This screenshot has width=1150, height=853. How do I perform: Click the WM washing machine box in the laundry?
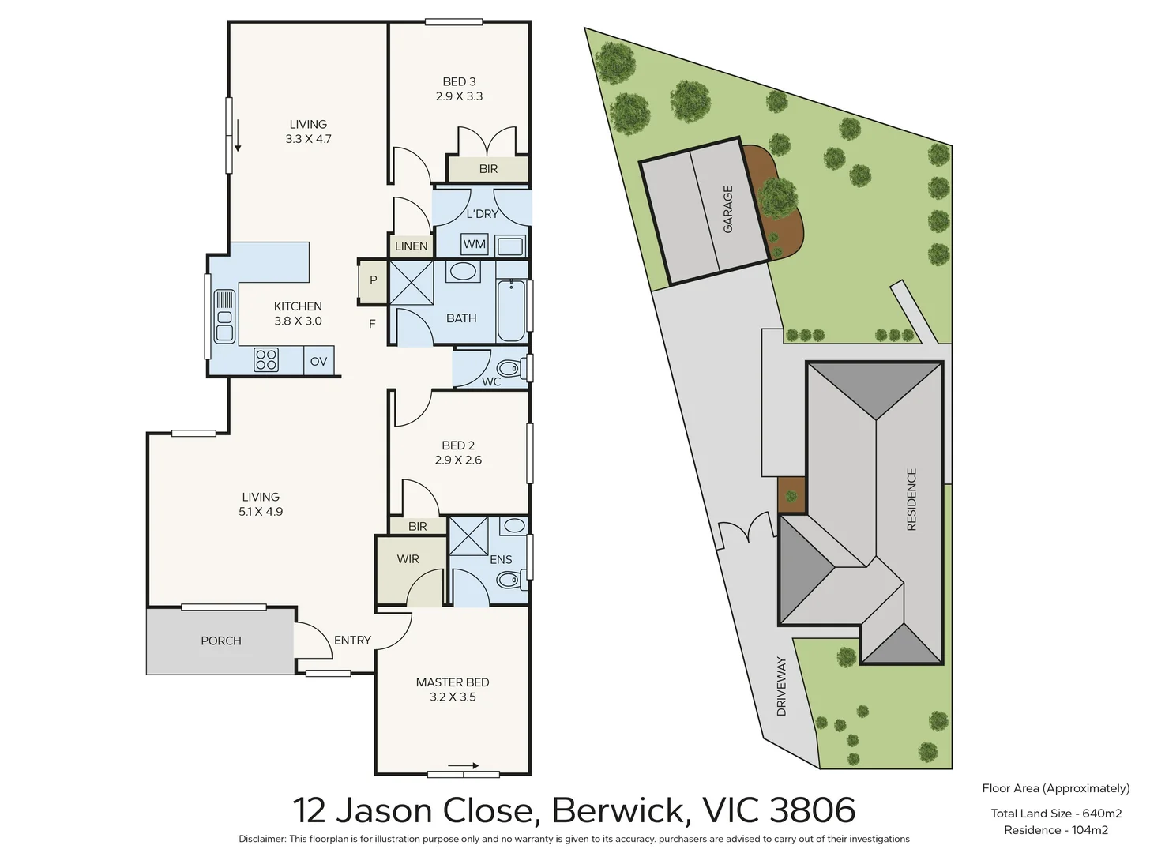[475, 244]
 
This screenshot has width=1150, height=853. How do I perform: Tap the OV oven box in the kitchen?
[318, 362]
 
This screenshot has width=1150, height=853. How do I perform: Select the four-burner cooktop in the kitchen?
[266, 360]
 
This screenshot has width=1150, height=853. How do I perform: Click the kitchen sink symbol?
[225, 316]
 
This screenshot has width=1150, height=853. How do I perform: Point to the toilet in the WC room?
[509, 368]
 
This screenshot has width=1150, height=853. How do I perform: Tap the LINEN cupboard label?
[411, 246]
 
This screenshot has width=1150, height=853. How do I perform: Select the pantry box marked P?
[373, 280]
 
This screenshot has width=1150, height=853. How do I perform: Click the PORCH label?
[221, 641]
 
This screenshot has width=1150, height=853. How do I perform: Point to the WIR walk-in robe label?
[408, 559]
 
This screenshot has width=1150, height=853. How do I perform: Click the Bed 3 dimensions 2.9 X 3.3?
[459, 96]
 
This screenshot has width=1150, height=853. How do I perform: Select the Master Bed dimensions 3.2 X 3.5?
[453, 697]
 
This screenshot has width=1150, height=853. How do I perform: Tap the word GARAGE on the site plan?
[728, 209]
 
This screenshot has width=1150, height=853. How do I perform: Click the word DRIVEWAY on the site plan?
[782, 686]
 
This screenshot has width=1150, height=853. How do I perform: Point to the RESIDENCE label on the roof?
[911, 499]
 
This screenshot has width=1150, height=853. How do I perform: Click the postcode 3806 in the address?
[813, 810]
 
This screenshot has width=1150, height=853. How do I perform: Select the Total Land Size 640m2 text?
[1056, 814]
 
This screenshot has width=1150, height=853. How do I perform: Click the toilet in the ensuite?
[509, 581]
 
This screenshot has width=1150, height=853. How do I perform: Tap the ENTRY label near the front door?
[352, 641]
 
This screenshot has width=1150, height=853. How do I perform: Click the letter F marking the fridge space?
[372, 324]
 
